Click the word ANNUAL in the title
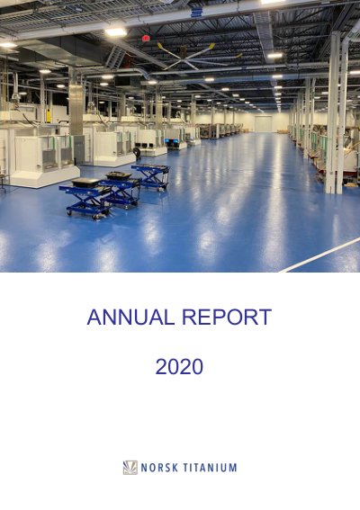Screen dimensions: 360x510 (130, 318)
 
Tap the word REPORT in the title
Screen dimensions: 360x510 (226, 318)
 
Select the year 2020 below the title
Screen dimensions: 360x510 (179, 367)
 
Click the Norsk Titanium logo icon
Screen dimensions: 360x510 (130, 468)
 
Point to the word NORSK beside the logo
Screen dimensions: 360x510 (159, 468)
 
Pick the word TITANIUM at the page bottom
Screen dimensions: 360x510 (210, 468)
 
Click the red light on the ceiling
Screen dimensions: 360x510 (146, 38)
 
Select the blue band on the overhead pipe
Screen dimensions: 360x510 (196, 13)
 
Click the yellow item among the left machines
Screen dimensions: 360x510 (49, 116)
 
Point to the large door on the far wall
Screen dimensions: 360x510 (263, 123)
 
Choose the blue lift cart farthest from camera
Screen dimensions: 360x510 (151, 176)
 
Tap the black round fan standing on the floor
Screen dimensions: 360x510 (137, 153)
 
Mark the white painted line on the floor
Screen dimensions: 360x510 (319, 255)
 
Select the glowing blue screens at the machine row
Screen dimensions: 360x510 (172, 141)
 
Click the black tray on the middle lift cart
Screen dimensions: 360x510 (119, 175)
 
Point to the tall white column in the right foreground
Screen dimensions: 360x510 (336, 112)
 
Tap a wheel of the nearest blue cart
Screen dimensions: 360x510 (69, 212)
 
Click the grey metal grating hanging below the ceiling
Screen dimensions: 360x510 (115, 57)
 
